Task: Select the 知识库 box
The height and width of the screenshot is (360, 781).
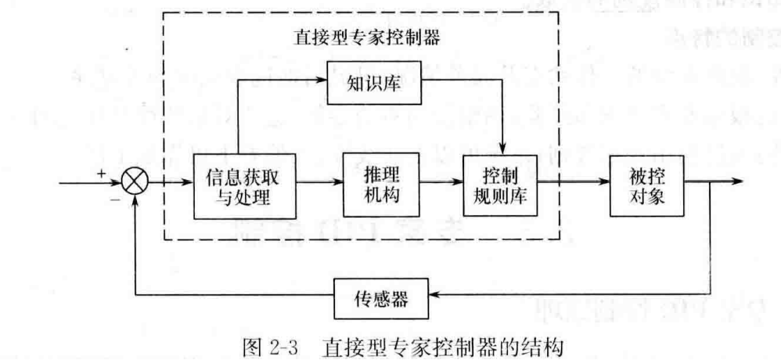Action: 374,84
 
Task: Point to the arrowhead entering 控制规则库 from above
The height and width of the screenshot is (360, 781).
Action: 504,150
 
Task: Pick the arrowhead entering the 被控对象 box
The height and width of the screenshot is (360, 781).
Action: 603,185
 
